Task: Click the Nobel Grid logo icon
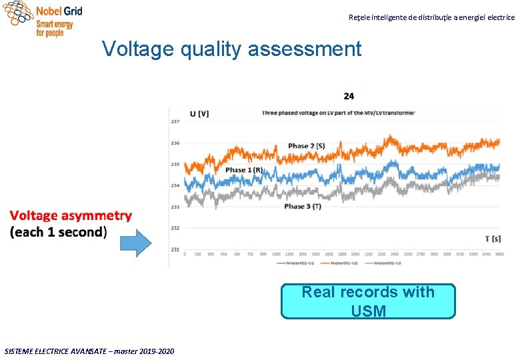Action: pos(18,13)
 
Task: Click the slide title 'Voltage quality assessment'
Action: pos(231,49)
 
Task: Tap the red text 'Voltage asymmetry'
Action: pos(71,216)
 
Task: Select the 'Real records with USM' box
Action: pos(368,301)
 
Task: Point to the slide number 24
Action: pos(349,96)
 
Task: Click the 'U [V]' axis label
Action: pos(199,113)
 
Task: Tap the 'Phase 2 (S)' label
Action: pos(307,146)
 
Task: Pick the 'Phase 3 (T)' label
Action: pos(303,207)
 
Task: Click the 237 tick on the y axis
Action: pos(175,121)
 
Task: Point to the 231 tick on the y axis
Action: pos(175,249)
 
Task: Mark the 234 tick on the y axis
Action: pos(175,185)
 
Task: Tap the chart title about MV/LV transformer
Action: pos(338,113)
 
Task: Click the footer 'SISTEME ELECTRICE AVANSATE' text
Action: pos(89,351)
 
